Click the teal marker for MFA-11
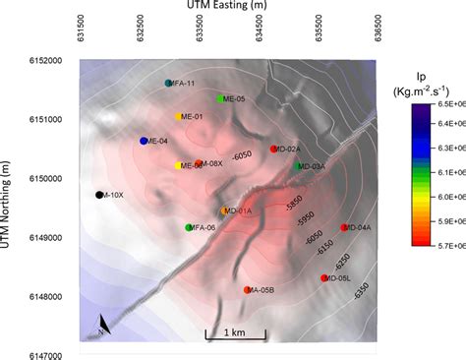tap(169, 84)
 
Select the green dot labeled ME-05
tap(220, 99)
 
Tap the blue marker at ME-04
tap(145, 142)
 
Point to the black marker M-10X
tap(99, 195)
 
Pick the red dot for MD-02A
tap(274, 149)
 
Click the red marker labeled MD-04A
tap(344, 228)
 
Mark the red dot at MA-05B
tap(248, 290)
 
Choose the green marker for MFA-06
tap(189, 228)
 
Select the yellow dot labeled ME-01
tap(179, 117)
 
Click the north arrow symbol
tap(104, 326)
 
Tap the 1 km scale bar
tap(235, 337)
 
